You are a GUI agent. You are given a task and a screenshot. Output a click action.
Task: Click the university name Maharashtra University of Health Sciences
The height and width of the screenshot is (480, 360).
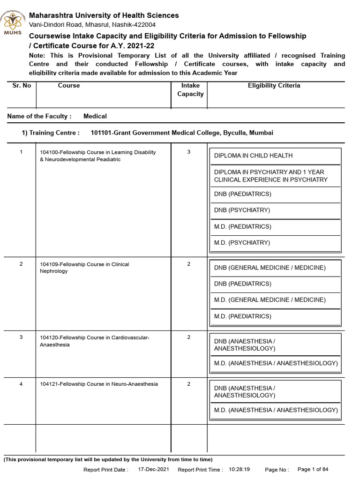[104, 15]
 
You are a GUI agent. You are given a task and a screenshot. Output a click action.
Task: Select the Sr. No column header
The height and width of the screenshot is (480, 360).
[21, 86]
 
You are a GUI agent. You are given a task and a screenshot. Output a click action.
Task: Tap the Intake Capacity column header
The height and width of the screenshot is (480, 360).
[190, 90]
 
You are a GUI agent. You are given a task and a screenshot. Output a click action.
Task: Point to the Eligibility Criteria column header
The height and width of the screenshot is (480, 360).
[274, 86]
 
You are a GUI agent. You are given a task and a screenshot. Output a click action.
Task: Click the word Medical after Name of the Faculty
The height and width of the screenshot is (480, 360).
[95, 116]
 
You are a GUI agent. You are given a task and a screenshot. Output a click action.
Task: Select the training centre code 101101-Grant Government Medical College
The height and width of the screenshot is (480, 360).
[181, 133]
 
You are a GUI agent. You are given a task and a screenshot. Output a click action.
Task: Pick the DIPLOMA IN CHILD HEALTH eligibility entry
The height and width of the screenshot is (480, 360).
[253, 156]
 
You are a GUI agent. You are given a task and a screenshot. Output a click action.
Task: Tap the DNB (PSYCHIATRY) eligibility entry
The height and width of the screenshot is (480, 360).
[242, 210]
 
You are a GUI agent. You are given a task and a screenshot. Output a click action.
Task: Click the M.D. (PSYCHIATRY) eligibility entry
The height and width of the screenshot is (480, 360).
[242, 243]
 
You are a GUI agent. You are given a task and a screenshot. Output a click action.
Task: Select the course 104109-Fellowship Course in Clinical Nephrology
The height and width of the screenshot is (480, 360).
[84, 268]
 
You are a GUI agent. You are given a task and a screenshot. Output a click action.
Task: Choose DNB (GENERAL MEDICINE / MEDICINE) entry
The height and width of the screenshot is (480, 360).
[270, 268]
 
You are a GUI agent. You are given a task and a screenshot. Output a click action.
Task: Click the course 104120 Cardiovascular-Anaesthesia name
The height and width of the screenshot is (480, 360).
[95, 341]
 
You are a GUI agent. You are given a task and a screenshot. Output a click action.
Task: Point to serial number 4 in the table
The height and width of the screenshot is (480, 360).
[21, 384]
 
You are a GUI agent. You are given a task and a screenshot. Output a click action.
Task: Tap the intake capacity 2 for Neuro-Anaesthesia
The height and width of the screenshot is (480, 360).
[188, 384]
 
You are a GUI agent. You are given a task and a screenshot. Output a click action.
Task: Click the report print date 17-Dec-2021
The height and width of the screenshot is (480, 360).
[154, 469]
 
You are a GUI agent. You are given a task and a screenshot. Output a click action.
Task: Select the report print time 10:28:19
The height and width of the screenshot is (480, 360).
[239, 469]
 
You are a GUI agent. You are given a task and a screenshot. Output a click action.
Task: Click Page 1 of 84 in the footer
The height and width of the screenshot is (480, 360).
[313, 469]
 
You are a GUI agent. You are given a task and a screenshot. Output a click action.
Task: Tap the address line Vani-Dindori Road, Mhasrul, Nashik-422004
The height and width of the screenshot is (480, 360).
[92, 25]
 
